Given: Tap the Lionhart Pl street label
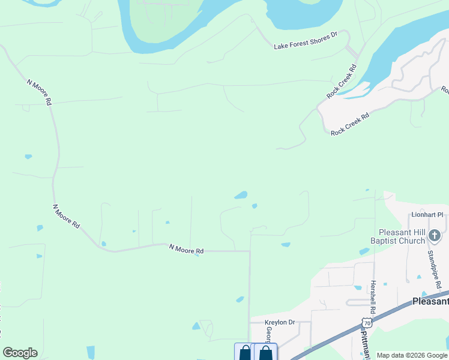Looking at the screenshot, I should point(427,214).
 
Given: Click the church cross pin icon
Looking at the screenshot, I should point(435,236).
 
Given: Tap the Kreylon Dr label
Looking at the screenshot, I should point(280,322).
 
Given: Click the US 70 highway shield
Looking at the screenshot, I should point(367,323).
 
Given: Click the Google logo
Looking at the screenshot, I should point(20,353).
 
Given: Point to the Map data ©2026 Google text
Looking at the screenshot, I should point(411,355).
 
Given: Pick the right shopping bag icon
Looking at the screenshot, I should point(265,352).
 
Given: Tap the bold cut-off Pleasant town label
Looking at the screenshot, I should point(430,301).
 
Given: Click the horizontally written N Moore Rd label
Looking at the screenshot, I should point(186,249).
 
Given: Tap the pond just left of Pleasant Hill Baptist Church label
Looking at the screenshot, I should point(364,251).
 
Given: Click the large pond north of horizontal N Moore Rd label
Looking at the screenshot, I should point(241,195).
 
